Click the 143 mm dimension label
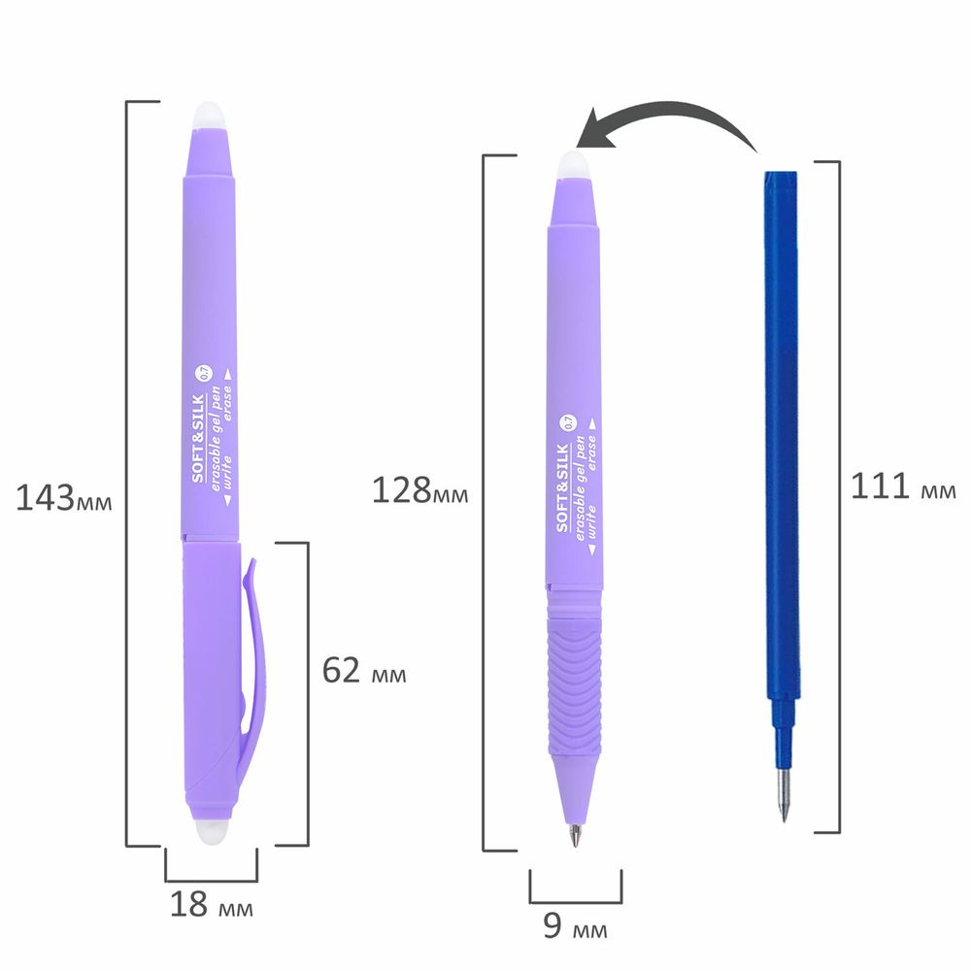pyautogui.click(x=64, y=497)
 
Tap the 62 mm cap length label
pyautogui.click(x=364, y=670)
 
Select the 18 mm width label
pyautogui.click(x=211, y=904)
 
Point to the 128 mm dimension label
pyautogui.click(x=419, y=490)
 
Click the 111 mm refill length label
pyautogui.click(x=903, y=486)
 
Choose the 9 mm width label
pyautogui.click(x=575, y=925)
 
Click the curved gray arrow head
pyautogui.click(x=596, y=131)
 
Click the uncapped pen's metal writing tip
pyautogui.click(x=575, y=835)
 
